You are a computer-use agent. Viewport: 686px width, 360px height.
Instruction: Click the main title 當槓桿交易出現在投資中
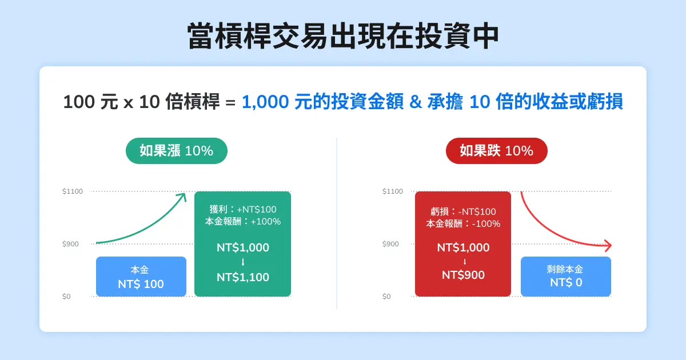click(x=343, y=37)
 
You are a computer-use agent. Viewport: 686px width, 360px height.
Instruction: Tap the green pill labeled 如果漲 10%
click(x=176, y=151)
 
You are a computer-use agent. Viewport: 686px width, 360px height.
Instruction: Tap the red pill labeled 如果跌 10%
click(x=496, y=151)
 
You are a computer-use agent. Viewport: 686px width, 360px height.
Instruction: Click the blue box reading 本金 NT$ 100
click(x=141, y=277)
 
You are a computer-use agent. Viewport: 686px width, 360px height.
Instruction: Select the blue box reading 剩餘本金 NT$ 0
click(x=565, y=277)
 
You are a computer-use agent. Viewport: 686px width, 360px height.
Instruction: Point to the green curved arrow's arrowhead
click(x=183, y=196)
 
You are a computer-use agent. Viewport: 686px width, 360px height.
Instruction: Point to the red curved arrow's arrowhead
click(x=608, y=246)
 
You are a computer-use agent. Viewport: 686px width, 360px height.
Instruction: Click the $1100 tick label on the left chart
click(x=73, y=191)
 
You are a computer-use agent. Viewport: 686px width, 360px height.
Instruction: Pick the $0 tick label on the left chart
click(x=67, y=297)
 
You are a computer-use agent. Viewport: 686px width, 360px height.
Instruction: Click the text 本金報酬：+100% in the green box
click(x=242, y=222)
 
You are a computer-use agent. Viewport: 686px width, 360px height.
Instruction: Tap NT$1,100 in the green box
click(x=242, y=277)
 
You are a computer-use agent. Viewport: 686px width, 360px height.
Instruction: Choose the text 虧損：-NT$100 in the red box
click(x=463, y=212)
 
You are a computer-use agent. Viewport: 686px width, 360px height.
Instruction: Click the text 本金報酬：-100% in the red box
click(x=463, y=223)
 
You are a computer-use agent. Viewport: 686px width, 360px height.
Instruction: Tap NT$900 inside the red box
click(x=463, y=275)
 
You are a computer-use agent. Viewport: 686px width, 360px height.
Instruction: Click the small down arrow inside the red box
click(x=464, y=262)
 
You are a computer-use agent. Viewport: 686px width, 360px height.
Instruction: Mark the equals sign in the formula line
click(x=230, y=103)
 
